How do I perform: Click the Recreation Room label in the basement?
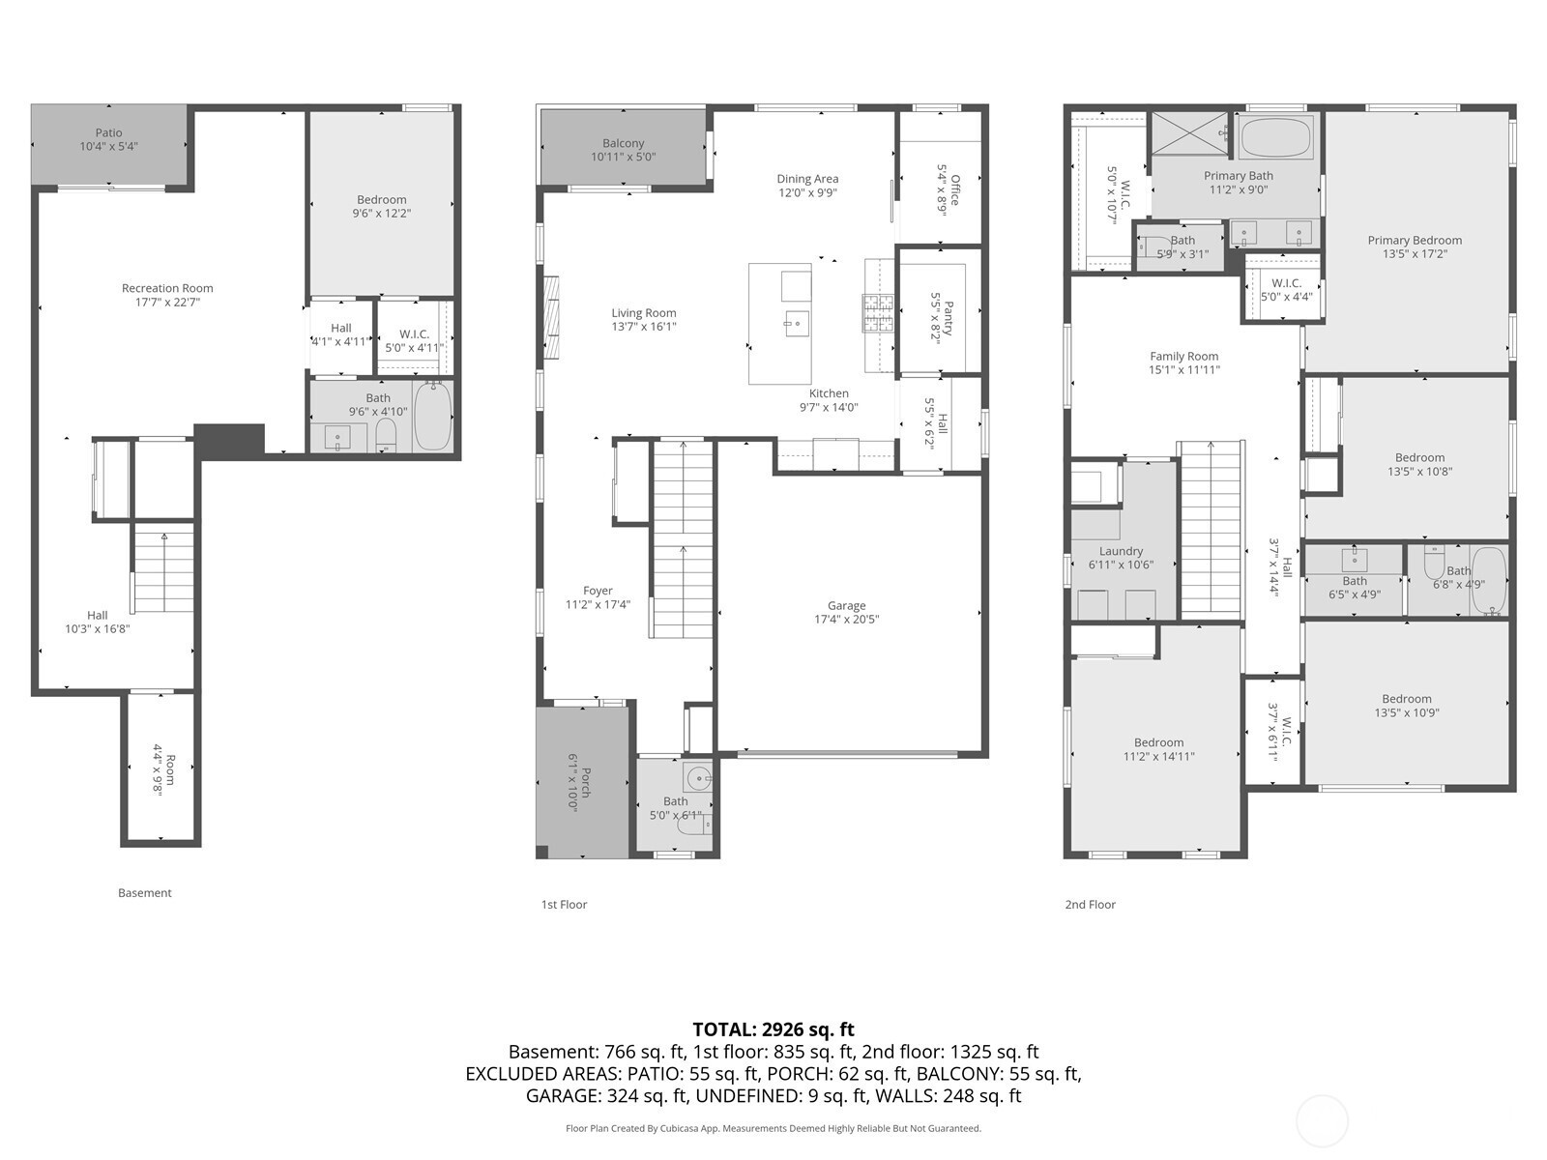tap(167, 288)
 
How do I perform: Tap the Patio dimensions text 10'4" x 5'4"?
tap(108, 147)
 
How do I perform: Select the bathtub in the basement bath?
tap(433, 417)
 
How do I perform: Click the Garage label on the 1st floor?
tap(846, 606)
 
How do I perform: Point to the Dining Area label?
tap(807, 179)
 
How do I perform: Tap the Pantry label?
tap(949, 318)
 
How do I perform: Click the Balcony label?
tap(623, 143)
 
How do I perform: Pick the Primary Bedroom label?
tap(1415, 240)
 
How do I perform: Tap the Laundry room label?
tap(1121, 551)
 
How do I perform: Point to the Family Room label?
tap(1184, 357)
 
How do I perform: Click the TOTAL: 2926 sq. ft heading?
tap(773, 1029)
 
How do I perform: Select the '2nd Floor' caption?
tap(1091, 905)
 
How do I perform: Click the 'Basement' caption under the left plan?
tap(144, 893)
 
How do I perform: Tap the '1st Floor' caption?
tap(564, 905)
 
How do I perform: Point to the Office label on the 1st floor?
tap(955, 189)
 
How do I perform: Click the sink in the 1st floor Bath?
tap(699, 777)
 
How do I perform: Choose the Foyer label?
tap(598, 591)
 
